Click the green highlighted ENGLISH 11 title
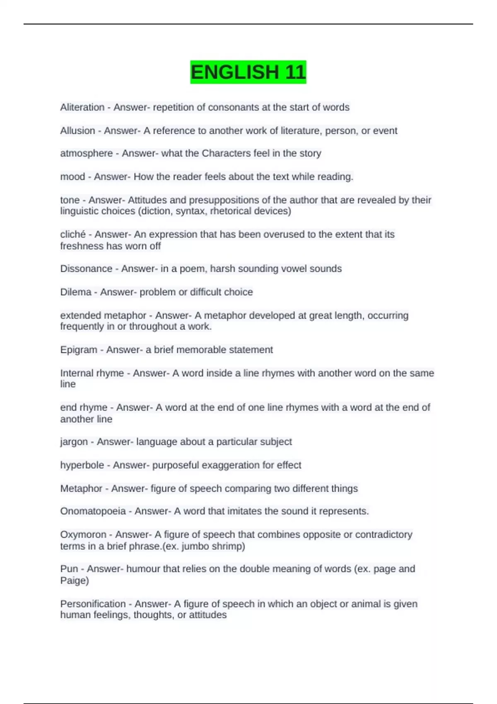248,72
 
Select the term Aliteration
82,107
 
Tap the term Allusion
77,130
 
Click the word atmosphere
86,153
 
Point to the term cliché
72,234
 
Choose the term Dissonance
86,269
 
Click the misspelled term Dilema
76,292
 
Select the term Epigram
79,350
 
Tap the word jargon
74,442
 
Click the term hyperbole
82,465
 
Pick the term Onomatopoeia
93,511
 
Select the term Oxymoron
83,535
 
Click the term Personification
93,604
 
